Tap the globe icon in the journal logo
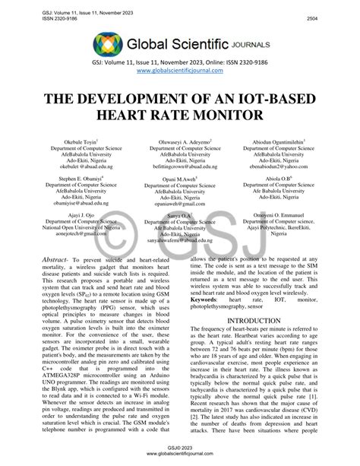coord(108,43)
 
